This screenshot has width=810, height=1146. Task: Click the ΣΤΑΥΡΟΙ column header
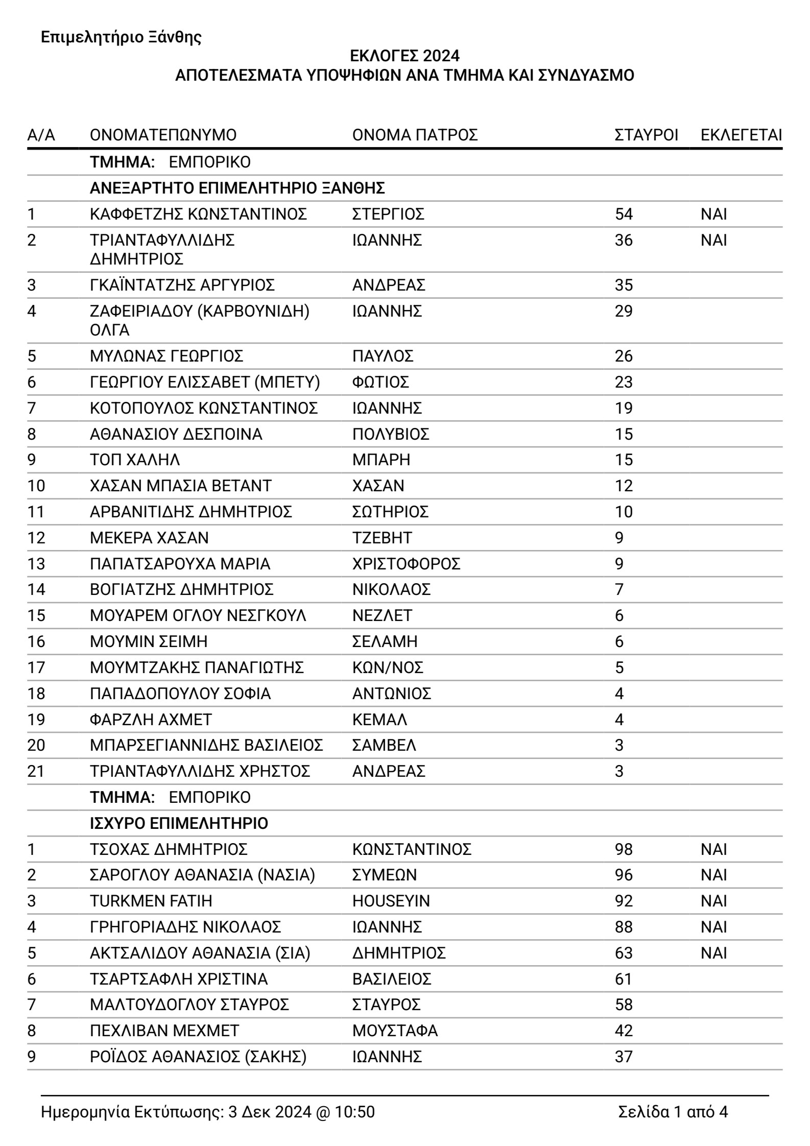(646, 135)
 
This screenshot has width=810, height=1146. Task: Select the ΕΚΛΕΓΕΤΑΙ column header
(741, 135)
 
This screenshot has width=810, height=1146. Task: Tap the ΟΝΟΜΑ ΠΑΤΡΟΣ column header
(415, 135)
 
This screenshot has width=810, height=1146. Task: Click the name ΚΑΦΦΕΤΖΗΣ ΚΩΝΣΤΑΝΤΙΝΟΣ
(198, 214)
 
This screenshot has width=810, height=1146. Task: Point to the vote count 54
(624, 214)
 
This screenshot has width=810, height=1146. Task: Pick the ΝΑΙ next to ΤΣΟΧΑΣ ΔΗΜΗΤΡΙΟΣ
(713, 849)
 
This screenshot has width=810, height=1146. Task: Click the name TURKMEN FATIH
(151, 901)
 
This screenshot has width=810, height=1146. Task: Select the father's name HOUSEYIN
(391, 901)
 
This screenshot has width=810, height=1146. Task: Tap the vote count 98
(624, 849)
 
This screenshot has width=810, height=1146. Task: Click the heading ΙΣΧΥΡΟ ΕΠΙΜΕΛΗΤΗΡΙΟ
(179, 823)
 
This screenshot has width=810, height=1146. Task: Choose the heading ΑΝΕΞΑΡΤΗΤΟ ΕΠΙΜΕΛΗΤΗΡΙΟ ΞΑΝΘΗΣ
(237, 188)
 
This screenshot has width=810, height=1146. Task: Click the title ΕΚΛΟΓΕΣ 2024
(404, 55)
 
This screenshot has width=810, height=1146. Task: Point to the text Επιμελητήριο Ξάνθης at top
(121, 37)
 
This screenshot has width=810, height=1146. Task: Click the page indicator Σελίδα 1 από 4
(673, 1112)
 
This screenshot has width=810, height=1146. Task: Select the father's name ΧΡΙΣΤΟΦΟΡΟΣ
(406, 564)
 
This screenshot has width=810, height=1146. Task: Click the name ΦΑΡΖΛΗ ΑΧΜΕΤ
(151, 720)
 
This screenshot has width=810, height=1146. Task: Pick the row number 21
(36, 771)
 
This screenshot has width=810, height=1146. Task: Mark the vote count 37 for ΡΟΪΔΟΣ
(624, 1057)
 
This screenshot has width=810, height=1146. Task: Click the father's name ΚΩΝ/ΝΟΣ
(388, 667)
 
